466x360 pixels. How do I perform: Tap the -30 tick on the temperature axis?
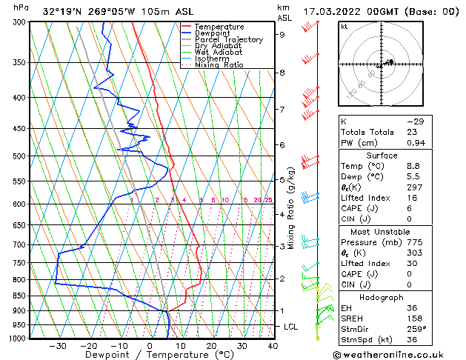(x=58, y=345)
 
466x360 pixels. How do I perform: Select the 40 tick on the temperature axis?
(x=273, y=345)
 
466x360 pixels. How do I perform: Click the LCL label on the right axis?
(x=292, y=326)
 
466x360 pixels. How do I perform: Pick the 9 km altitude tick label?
(x=282, y=34)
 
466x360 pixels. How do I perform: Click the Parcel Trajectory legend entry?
(x=228, y=40)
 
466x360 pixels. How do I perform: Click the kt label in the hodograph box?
(x=344, y=26)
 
